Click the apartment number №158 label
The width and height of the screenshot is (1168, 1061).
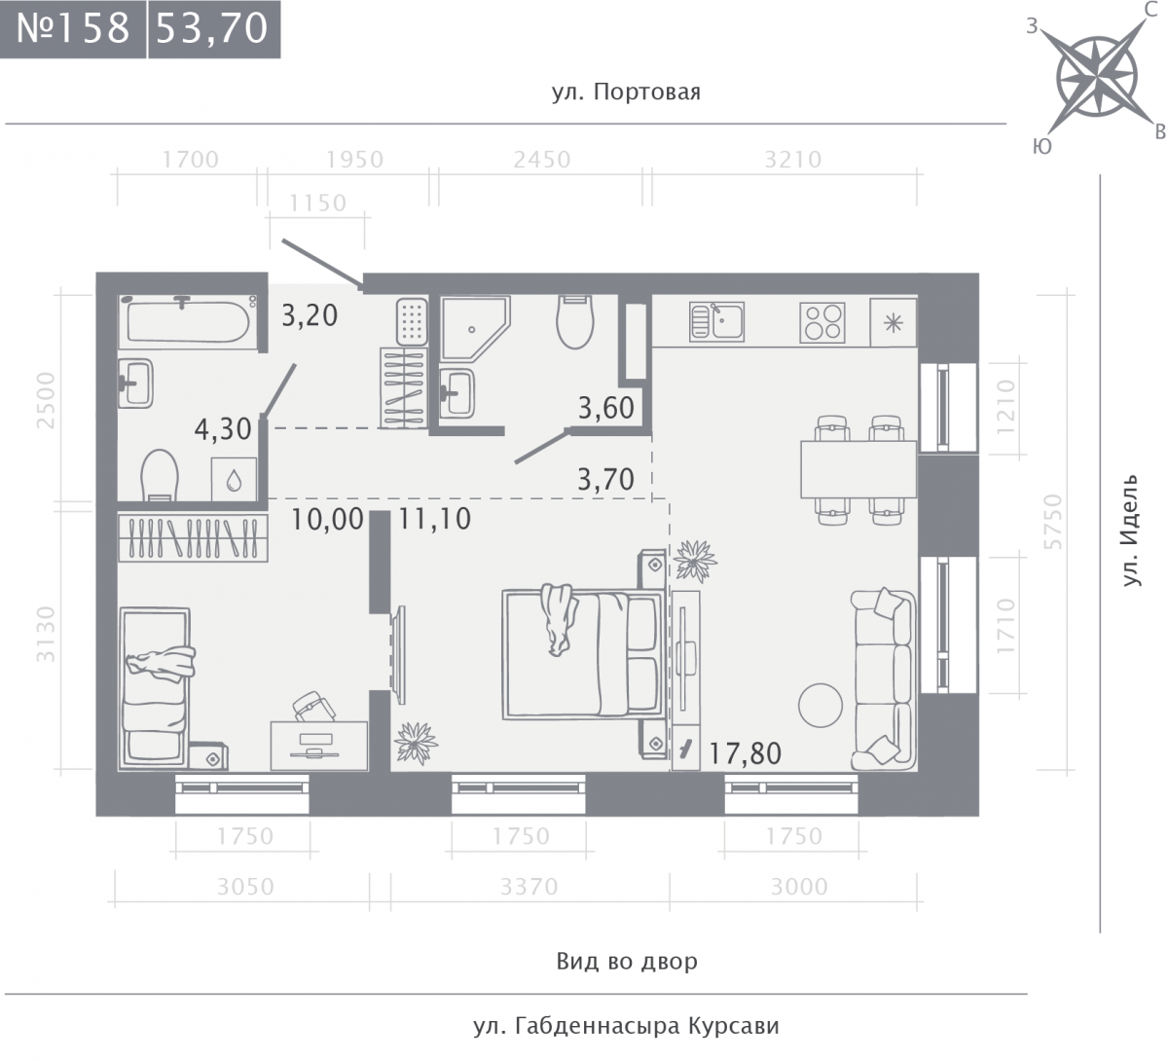point(73,28)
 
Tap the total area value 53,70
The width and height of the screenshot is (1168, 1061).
point(212,28)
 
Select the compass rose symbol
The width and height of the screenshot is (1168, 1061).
point(1096,76)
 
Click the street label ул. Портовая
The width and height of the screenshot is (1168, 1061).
point(626,92)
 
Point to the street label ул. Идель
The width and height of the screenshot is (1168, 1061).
point(1130,530)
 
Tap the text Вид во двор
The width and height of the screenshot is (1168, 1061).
point(627,961)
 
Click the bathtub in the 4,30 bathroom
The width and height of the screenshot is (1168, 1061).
point(188,321)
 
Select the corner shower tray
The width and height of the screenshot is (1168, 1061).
point(476,328)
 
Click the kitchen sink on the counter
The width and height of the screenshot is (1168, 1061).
point(716,321)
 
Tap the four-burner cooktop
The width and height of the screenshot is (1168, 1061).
point(822,322)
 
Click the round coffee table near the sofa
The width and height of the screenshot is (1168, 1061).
point(820,705)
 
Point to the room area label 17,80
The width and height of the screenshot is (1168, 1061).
point(745,753)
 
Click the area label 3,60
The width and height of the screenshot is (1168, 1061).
point(605,408)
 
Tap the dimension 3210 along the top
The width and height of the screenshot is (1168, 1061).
point(792,160)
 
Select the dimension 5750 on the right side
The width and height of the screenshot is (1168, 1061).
point(1053,521)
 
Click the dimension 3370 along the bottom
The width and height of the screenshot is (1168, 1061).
point(529,887)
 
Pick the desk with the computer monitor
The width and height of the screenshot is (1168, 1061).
point(319,746)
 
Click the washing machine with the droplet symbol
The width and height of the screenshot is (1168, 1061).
point(234,479)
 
